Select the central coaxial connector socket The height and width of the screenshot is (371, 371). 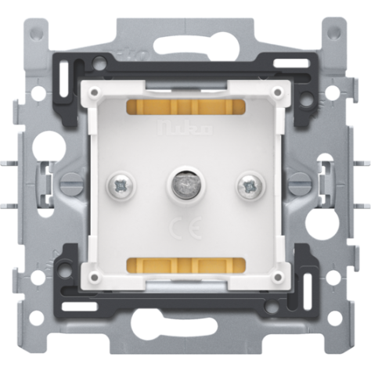click(x=185, y=184)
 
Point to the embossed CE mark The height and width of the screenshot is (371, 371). click(x=185, y=231)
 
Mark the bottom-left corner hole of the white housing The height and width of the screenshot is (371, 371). click(x=95, y=276)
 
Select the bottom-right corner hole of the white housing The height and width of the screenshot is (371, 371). click(x=276, y=276)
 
